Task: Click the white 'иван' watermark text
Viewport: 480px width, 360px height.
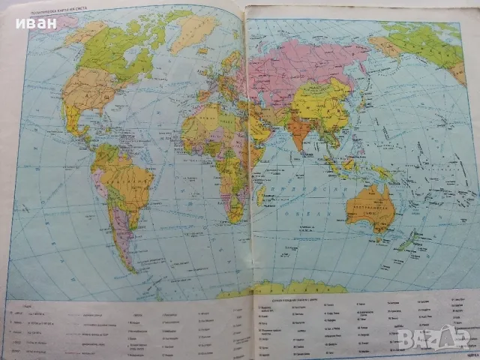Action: click(x=34, y=22)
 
